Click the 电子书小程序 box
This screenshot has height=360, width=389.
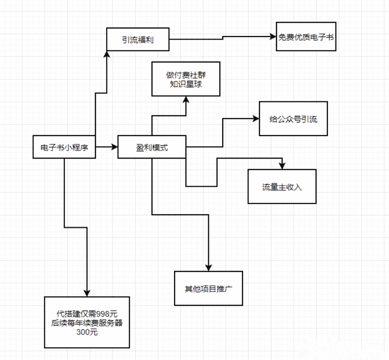click(64, 148)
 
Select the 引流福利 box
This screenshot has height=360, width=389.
click(138, 40)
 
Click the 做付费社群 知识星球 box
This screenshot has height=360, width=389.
click(186, 79)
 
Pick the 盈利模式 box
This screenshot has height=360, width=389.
click(152, 148)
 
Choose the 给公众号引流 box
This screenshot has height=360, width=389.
click(293, 119)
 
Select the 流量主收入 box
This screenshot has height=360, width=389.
click(282, 186)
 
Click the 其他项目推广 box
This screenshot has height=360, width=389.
click(208, 288)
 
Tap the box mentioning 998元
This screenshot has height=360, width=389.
click(87, 322)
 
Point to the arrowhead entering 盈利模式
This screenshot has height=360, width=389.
click(114, 148)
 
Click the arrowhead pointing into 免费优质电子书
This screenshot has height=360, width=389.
click(273, 36)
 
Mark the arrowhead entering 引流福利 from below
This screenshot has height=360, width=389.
click(107, 55)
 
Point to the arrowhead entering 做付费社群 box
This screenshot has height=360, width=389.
click(186, 100)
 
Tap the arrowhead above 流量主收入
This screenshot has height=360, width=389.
click(282, 166)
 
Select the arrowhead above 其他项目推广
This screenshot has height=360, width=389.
click(208, 267)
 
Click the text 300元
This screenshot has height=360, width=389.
click(87, 332)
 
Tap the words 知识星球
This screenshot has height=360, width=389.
click(186, 84)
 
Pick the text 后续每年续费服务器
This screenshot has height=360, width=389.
click(87, 323)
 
